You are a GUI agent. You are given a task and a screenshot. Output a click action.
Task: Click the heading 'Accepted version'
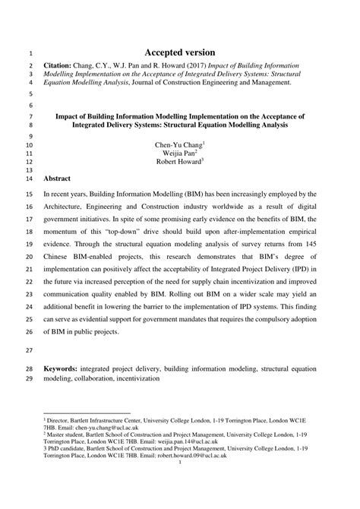pyautogui.click(x=179, y=53)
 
